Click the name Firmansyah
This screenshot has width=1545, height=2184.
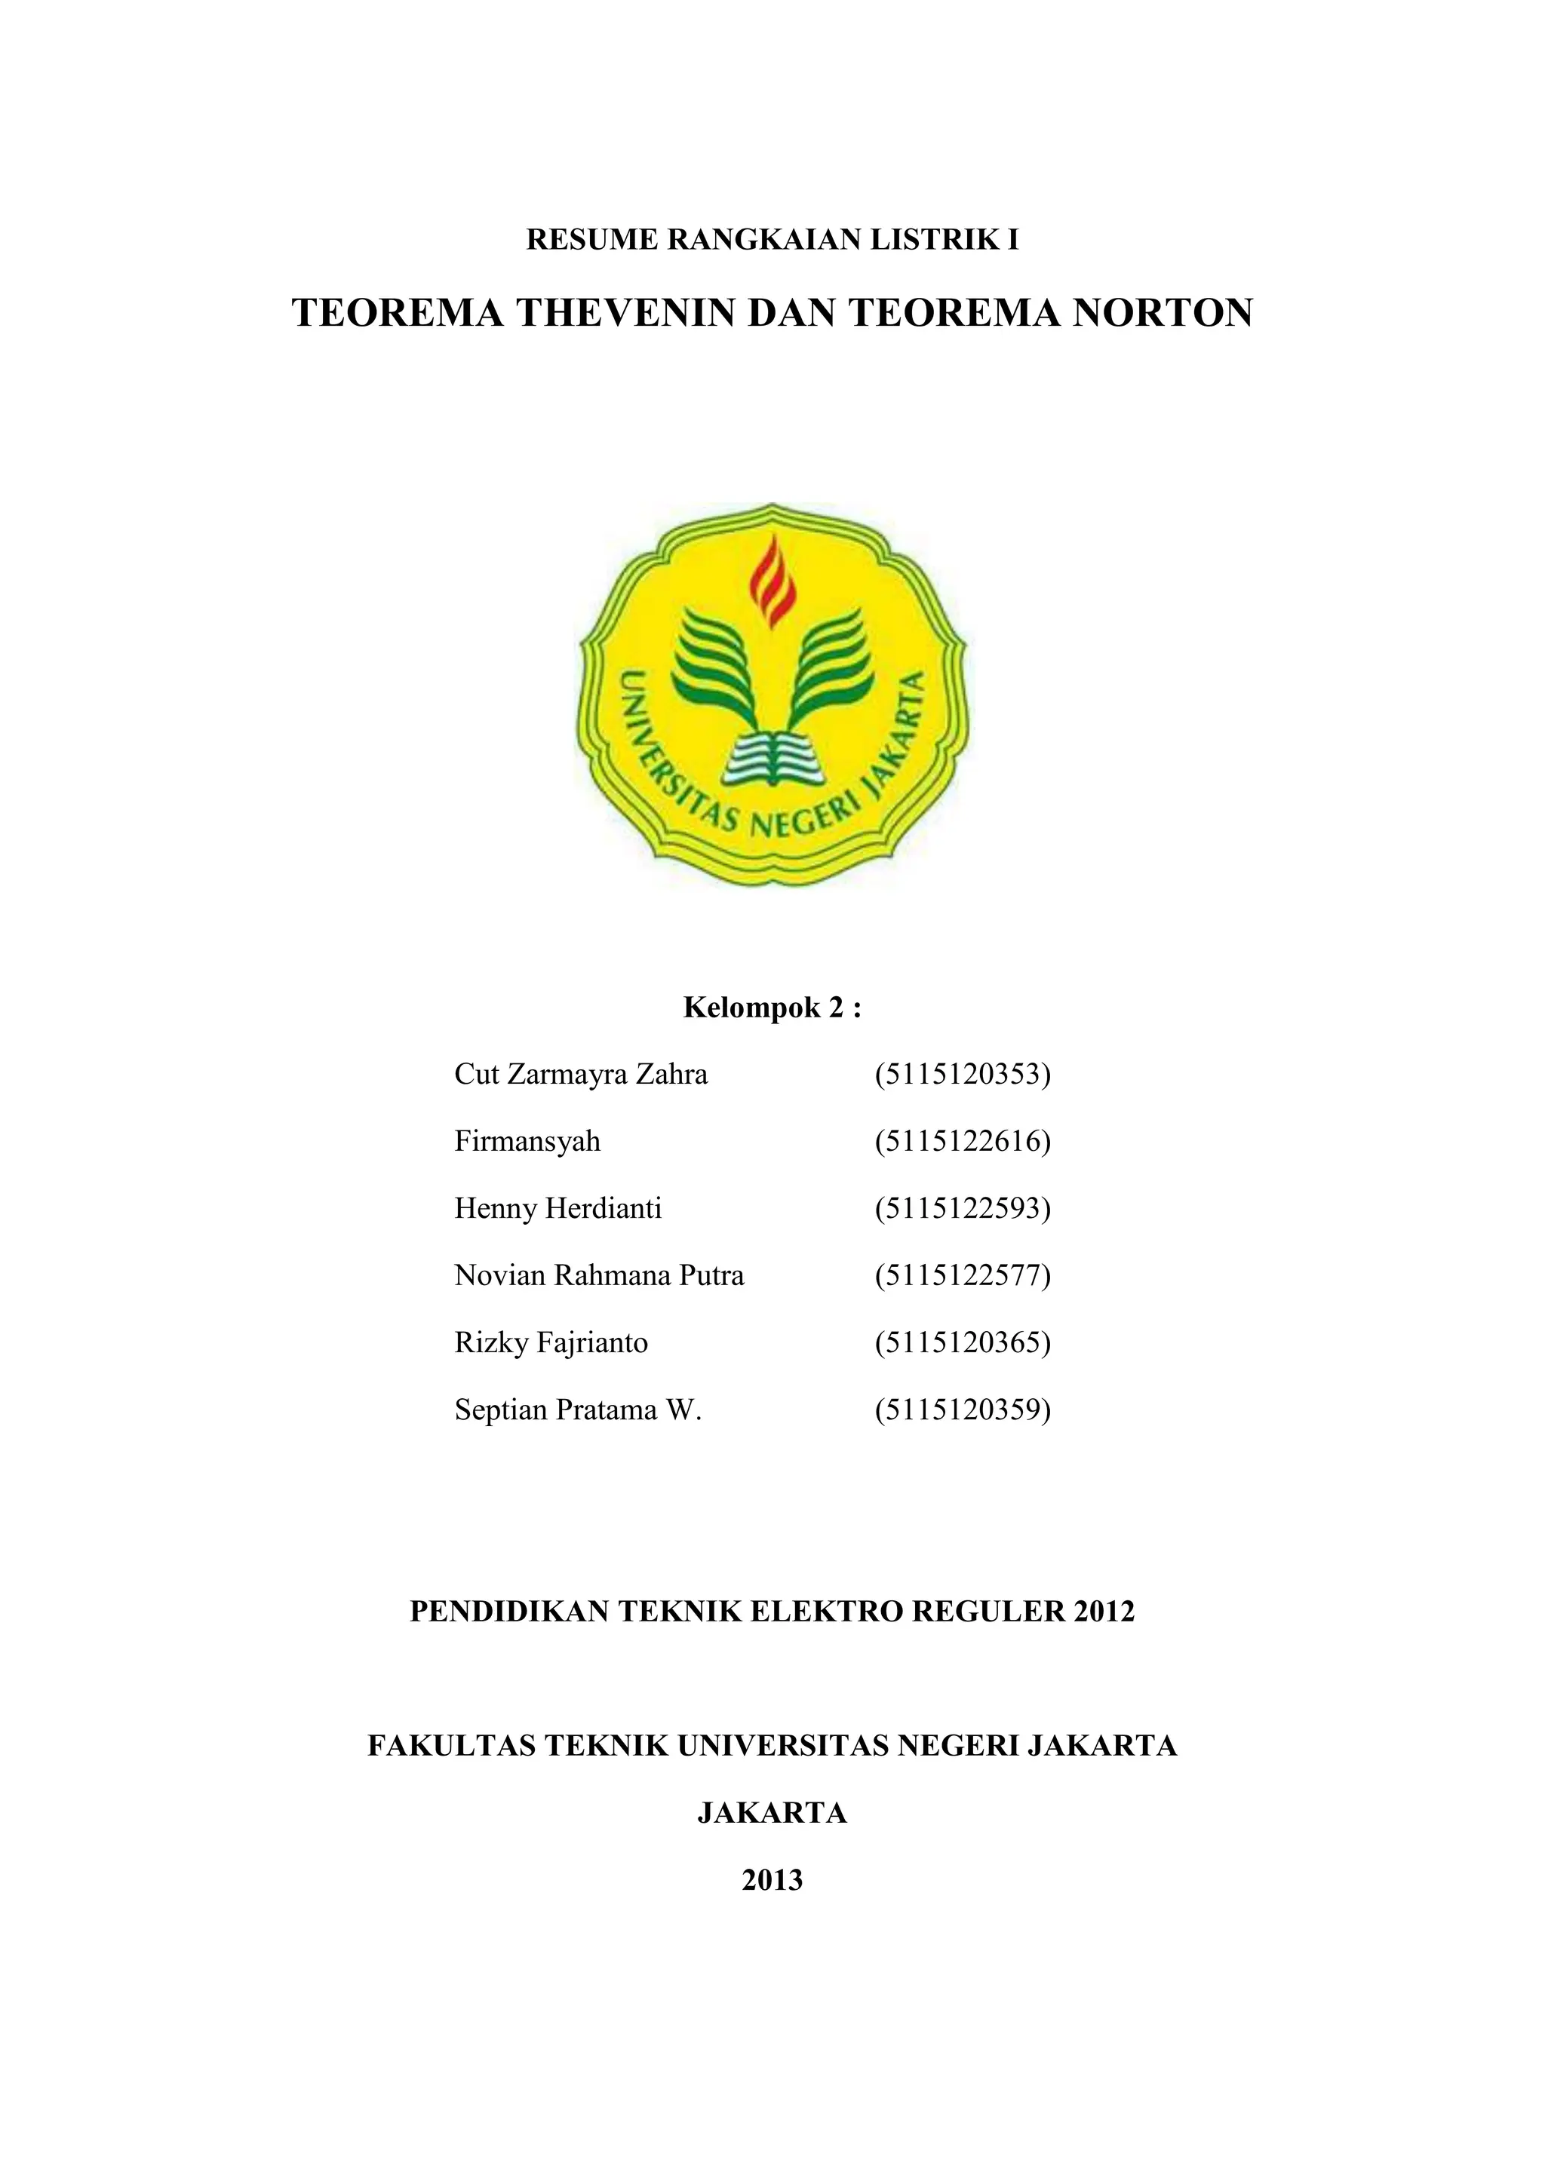click(527, 1142)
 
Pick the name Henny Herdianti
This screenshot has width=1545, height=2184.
click(557, 1209)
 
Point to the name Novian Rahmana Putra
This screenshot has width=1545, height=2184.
click(599, 1275)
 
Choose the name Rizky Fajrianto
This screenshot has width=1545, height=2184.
click(551, 1343)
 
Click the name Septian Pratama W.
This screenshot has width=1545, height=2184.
click(577, 1409)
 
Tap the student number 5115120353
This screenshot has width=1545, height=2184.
click(963, 1075)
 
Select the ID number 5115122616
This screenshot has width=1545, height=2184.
click(963, 1142)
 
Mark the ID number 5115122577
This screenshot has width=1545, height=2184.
click(963, 1275)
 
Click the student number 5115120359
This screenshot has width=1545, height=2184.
click(963, 1409)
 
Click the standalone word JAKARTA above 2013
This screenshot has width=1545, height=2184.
click(772, 1814)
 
